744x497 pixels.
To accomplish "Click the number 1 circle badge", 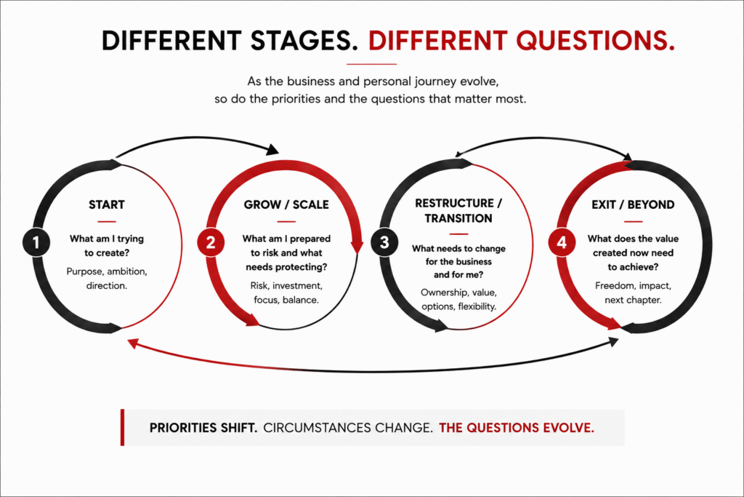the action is (36, 242).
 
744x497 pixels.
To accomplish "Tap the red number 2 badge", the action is (211, 242).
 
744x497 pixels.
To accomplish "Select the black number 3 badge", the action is (384, 242).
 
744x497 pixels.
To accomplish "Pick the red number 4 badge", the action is (562, 242).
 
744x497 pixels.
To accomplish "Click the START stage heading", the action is (107, 204).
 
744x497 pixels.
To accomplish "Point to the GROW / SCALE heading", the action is (286, 204).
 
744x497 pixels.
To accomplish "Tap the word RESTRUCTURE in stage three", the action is (455, 203).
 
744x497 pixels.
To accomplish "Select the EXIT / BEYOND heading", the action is (633, 204).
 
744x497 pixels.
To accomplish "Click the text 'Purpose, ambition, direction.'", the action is (107, 279).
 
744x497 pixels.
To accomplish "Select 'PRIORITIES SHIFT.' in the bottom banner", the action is (203, 428).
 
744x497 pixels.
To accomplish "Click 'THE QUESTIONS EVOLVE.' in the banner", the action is (517, 428).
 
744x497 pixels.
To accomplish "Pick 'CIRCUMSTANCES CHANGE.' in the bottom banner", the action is (348, 428).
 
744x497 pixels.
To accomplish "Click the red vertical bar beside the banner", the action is (122, 427).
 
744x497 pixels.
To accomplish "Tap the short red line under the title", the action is (371, 63).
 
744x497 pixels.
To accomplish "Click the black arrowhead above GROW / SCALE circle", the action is (273, 150).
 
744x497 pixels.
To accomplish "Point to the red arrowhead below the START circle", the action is (134, 343).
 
